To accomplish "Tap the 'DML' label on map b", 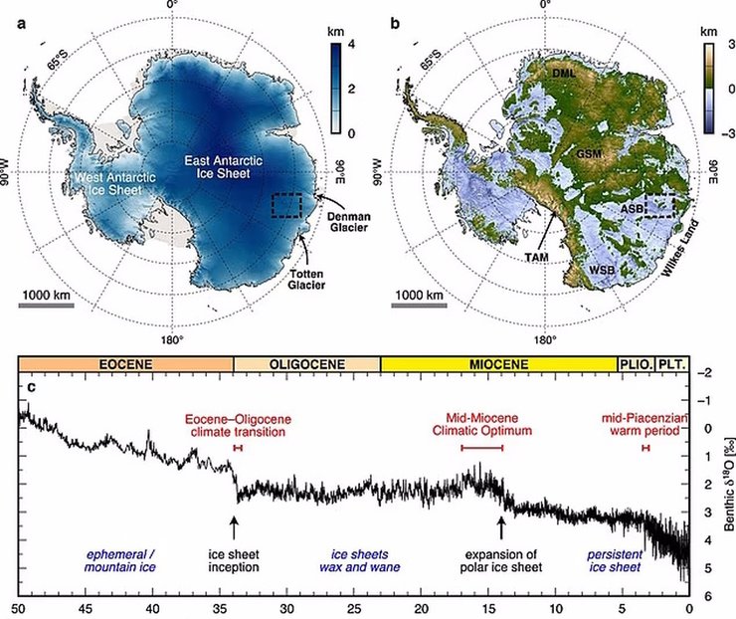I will (x=572, y=73).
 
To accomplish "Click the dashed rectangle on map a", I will (x=286, y=205).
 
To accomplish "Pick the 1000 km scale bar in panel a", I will (x=46, y=305).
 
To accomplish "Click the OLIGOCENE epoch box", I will (x=307, y=365).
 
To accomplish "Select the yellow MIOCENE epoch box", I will (x=498, y=365).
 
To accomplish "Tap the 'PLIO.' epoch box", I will (x=636, y=365).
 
